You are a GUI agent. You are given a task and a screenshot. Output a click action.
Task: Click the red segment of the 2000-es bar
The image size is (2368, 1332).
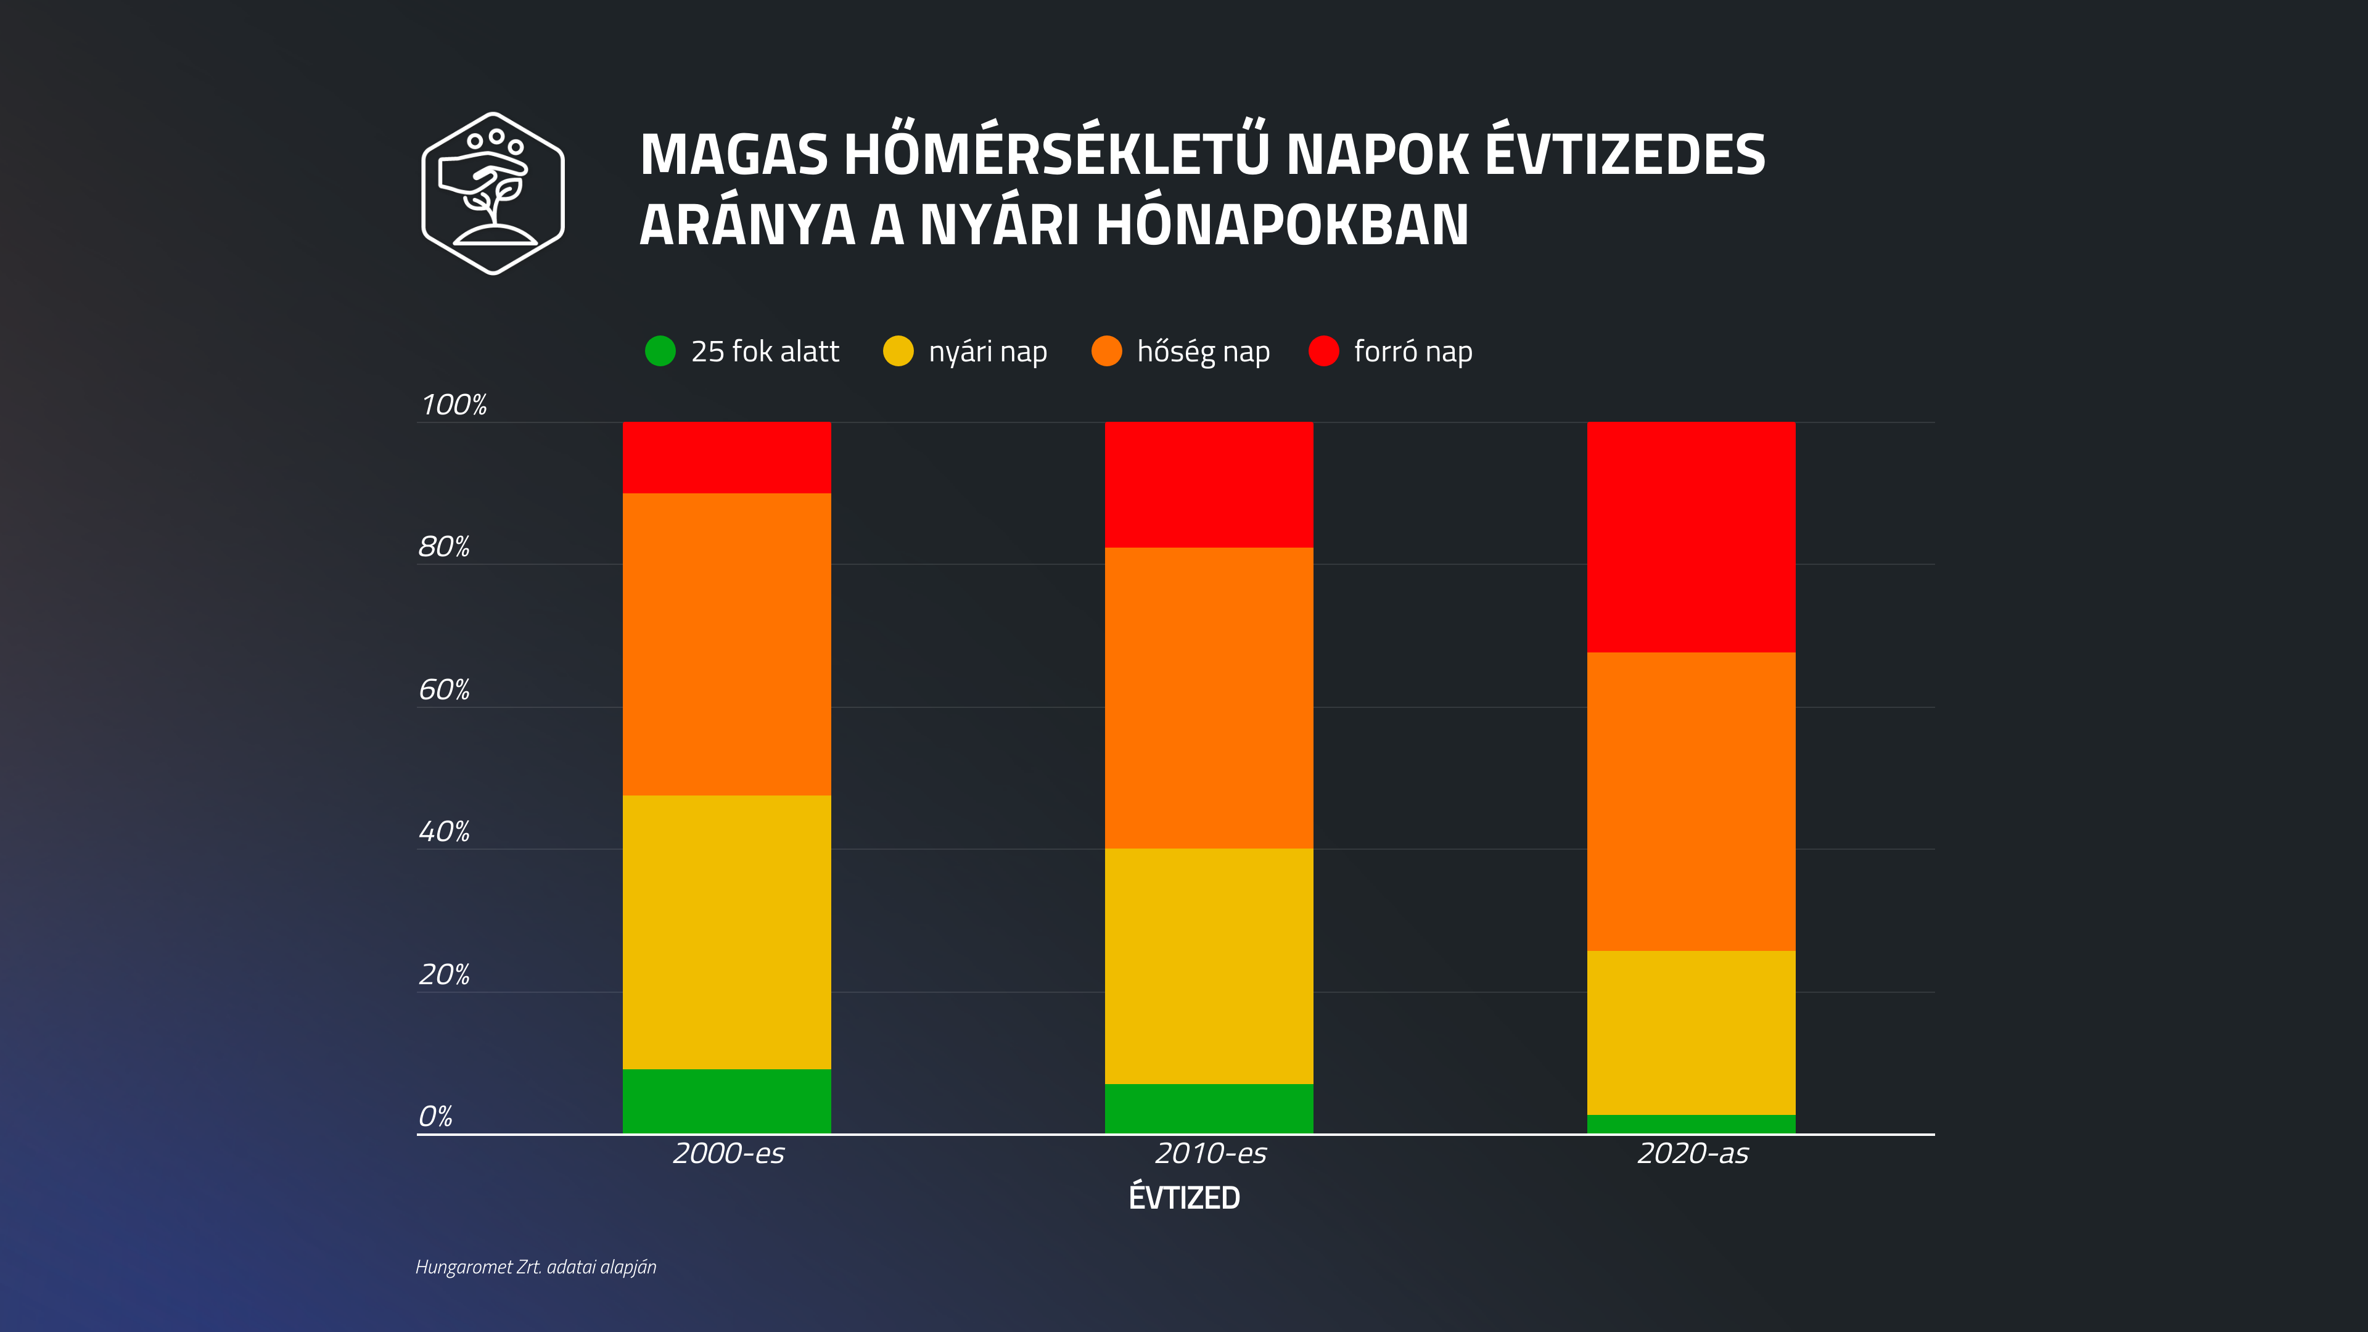pos(726,458)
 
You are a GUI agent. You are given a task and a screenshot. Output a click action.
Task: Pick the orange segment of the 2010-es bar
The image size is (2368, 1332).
pos(1209,697)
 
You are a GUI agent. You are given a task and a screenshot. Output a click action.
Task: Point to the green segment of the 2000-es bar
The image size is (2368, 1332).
pos(726,1100)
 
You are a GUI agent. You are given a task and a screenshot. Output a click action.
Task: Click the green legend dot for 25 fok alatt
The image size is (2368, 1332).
pos(660,351)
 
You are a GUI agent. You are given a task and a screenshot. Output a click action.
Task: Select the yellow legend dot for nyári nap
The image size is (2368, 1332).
pos(898,351)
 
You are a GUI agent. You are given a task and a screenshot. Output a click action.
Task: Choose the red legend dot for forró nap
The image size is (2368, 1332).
pos(1324,351)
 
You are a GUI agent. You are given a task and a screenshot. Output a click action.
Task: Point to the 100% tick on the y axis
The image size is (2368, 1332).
pos(453,405)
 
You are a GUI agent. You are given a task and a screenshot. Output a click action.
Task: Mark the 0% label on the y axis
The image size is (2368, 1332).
pos(436,1117)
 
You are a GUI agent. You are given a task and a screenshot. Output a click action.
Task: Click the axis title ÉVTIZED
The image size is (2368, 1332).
pos(1184,1198)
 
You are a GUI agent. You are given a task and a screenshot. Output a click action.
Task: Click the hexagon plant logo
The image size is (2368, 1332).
pos(493,193)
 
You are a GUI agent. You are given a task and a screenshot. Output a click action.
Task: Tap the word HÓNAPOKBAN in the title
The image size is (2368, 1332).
pos(1283,224)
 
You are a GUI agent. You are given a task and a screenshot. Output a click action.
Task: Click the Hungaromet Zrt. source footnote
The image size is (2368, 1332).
pos(536,1267)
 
